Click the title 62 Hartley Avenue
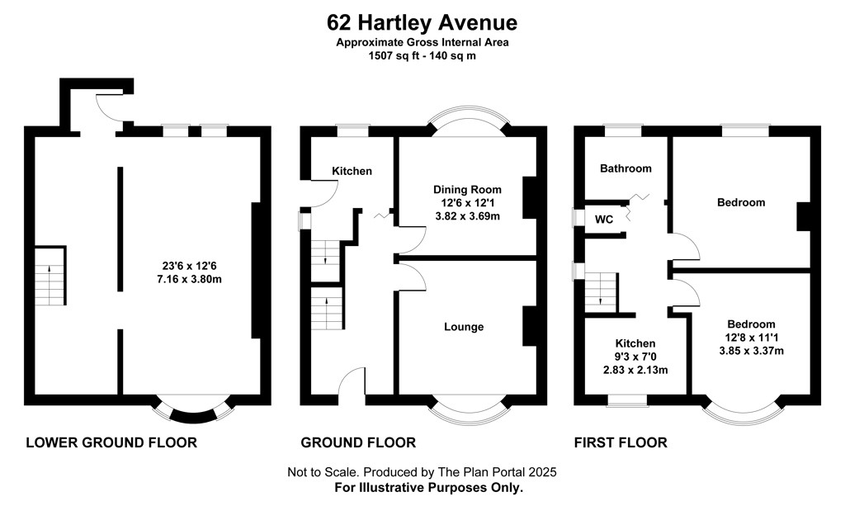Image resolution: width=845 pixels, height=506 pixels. click(x=422, y=22)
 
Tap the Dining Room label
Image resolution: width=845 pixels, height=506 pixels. click(x=467, y=190)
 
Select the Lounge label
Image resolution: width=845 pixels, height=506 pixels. click(x=464, y=327)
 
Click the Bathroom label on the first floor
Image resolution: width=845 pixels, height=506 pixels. click(x=625, y=168)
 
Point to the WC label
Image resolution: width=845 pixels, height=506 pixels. click(x=603, y=220)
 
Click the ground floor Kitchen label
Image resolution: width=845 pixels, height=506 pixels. click(x=352, y=172)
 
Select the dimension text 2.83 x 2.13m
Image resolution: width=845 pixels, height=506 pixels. click(x=635, y=370)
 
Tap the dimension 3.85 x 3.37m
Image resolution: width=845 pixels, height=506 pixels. click(x=751, y=351)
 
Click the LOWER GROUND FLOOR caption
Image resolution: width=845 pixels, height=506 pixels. click(x=111, y=443)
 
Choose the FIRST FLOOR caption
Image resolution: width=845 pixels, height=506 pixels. click(x=621, y=443)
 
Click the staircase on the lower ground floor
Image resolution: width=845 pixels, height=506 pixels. click(x=50, y=276)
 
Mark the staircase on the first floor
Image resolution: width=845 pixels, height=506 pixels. click(x=601, y=291)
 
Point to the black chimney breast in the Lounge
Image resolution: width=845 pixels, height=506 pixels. click(x=530, y=326)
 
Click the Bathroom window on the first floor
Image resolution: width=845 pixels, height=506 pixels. click(x=623, y=130)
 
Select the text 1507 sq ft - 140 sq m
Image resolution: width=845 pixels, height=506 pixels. click(x=422, y=55)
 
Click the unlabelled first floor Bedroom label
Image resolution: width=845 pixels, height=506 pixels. click(x=741, y=202)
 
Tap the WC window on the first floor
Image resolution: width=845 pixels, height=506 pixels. click(x=579, y=218)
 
